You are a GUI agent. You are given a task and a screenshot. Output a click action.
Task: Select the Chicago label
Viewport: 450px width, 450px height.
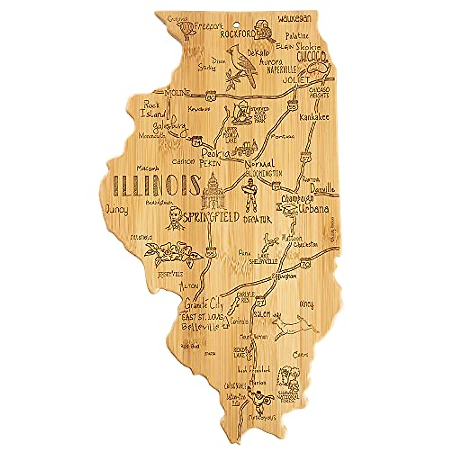(x=310, y=57)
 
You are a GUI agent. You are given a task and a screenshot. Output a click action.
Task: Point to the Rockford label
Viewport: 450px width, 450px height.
(x=237, y=34)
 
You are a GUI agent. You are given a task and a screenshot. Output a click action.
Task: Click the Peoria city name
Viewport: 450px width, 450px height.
(x=215, y=153)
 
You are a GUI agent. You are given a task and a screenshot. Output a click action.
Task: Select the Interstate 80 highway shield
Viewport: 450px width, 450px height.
(x=211, y=96)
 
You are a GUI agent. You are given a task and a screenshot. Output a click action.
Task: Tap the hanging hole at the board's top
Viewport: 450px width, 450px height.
(x=235, y=26)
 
